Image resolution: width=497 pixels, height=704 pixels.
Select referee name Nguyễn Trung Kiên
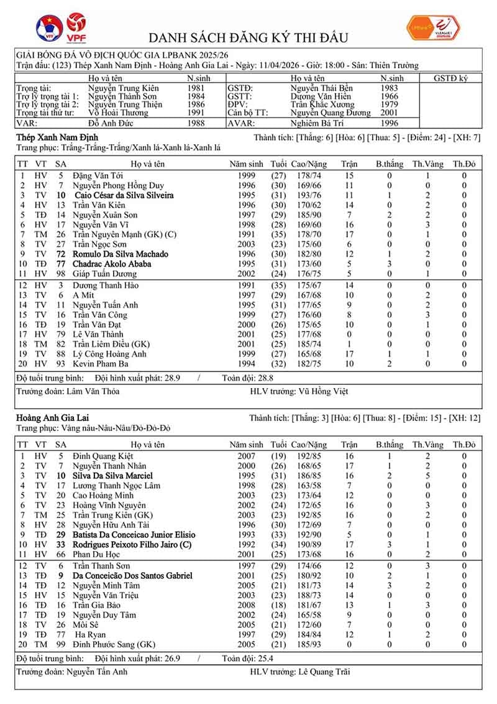point(123,88)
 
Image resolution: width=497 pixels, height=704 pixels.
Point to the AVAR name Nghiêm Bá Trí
point(316,123)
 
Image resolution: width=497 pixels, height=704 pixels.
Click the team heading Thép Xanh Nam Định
point(57,137)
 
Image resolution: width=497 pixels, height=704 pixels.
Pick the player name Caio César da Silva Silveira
point(123,195)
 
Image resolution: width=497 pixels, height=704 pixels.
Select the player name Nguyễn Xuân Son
point(105,215)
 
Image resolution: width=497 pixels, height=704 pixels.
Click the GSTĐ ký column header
point(451,78)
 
